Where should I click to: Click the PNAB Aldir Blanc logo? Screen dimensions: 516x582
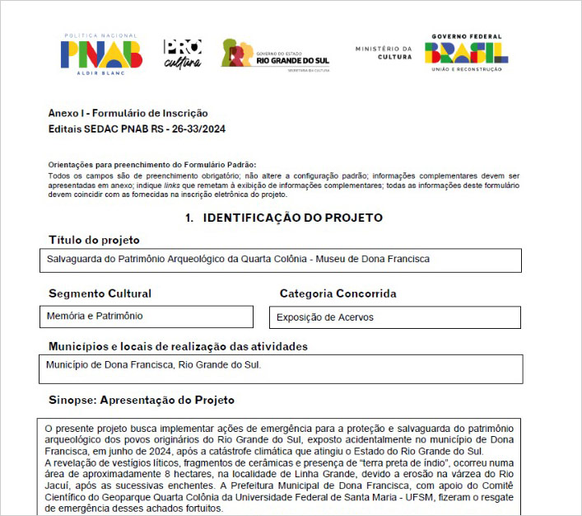click(100, 54)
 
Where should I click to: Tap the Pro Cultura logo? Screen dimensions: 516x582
click(182, 54)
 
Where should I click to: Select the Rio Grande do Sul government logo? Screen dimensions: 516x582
click(277, 56)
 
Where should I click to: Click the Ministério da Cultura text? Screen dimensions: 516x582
click(384, 53)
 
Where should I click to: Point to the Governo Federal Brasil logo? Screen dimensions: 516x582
click(466, 53)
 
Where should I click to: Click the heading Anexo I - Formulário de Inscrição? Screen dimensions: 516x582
click(128, 113)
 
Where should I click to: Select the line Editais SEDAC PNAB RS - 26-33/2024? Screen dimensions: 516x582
click(137, 129)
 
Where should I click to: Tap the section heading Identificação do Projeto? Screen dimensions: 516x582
click(284, 218)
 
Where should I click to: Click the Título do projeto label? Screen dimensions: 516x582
click(94, 240)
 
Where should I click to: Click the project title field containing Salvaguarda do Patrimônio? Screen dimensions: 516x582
click(281, 260)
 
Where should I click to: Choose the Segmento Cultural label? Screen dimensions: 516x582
click(100, 293)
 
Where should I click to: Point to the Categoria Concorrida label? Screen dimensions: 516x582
click(338, 293)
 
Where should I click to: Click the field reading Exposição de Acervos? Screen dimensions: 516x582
click(394, 317)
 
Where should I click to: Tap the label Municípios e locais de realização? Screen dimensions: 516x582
click(178, 346)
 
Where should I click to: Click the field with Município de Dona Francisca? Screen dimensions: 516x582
click(281, 368)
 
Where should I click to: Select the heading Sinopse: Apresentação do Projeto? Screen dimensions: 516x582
click(142, 400)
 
